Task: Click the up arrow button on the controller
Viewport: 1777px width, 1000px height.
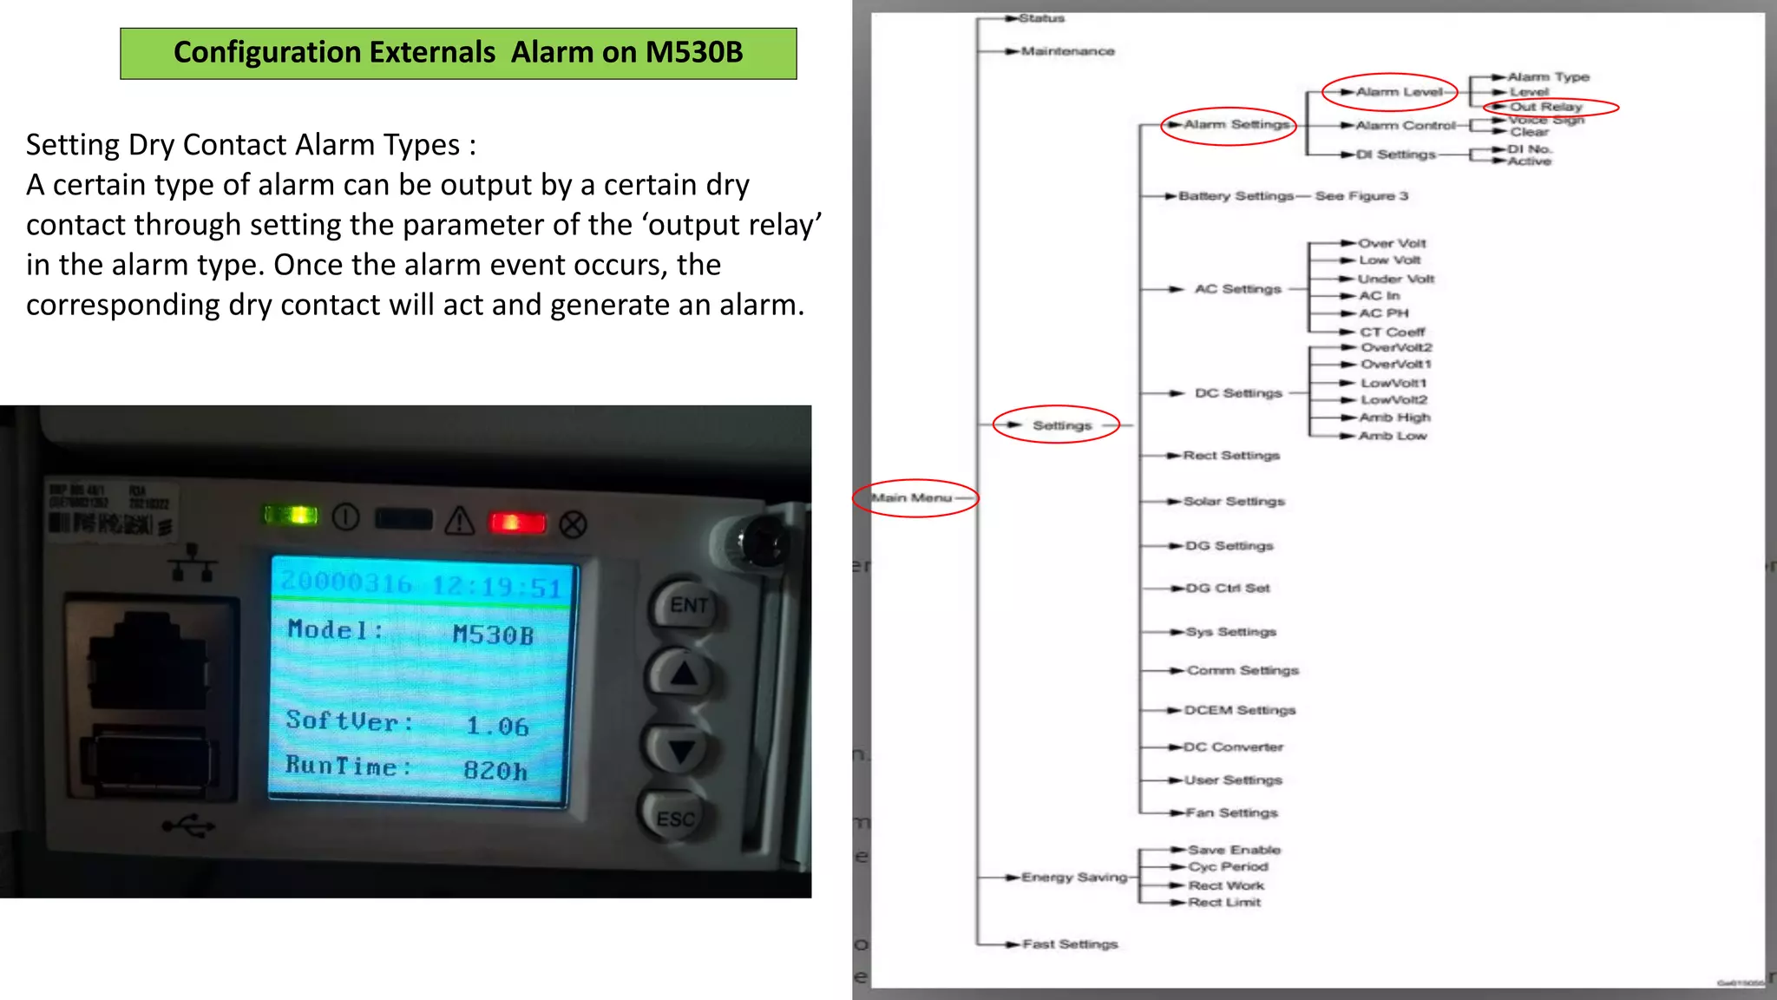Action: tap(684, 674)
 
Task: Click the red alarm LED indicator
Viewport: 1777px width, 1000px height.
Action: tap(517, 523)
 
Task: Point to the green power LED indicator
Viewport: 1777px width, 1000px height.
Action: tap(292, 516)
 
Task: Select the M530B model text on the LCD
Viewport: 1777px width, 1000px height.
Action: tap(493, 635)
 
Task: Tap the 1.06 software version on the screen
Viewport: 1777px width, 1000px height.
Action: tap(497, 726)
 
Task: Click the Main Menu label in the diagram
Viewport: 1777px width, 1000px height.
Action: tap(911, 498)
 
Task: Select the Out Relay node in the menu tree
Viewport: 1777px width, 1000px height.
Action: tap(1546, 107)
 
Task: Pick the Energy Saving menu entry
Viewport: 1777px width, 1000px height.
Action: tap(1074, 878)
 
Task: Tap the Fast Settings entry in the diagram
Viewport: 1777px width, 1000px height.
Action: tap(1070, 944)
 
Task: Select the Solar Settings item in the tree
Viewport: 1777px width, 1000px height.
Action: tap(1234, 502)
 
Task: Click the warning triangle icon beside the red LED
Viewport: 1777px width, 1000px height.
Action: tap(460, 521)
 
